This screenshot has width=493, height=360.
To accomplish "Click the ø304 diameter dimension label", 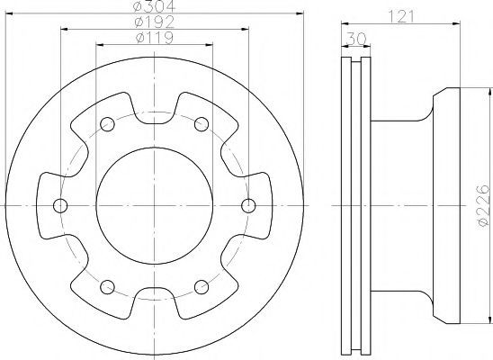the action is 154,6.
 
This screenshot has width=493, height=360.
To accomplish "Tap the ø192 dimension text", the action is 154,22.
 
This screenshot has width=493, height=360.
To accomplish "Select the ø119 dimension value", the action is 155,38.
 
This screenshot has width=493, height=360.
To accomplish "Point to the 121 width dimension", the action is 400,17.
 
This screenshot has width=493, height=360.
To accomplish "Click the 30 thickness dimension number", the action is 356,39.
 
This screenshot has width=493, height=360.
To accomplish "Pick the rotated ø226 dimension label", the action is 483,205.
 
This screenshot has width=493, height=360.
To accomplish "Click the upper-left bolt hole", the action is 107,124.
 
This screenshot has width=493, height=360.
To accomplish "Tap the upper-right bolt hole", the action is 202,124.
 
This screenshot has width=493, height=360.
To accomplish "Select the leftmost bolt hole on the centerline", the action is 60,205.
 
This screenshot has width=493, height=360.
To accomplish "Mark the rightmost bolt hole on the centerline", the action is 248,205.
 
